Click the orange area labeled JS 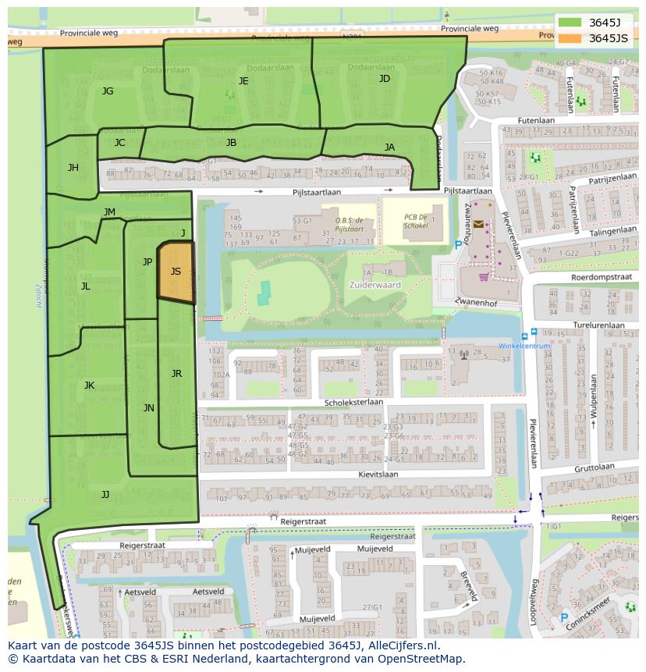pyautogui.click(x=176, y=272)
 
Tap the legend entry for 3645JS pyautogui.click(x=608, y=38)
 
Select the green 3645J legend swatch pyautogui.click(x=570, y=23)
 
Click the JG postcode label pyautogui.click(x=108, y=91)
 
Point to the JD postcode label pyautogui.click(x=384, y=79)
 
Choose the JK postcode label pyautogui.click(x=89, y=386)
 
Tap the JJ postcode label pyautogui.click(x=105, y=494)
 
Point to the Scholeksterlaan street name pyautogui.click(x=354, y=403)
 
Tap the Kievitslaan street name pyautogui.click(x=378, y=474)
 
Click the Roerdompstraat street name pyautogui.click(x=601, y=276)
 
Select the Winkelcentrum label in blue pyautogui.click(x=524, y=346)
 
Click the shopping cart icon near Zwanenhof pyautogui.click(x=484, y=276)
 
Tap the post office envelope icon pyautogui.click(x=477, y=223)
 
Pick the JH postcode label pyautogui.click(x=73, y=168)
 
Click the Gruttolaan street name pyautogui.click(x=595, y=468)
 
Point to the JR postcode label pyautogui.click(x=176, y=374)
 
